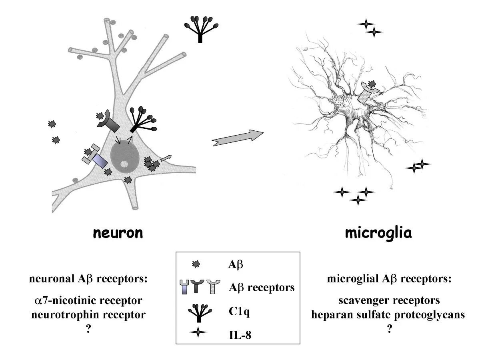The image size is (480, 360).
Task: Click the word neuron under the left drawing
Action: pos(118,233)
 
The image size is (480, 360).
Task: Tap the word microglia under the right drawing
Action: pos(378,233)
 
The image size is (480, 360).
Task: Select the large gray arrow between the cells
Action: pos(238,138)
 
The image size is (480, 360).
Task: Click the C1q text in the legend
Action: pos(238,312)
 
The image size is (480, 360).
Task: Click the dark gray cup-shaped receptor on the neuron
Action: pos(109,122)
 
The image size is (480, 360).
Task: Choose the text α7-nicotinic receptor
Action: pos(87,300)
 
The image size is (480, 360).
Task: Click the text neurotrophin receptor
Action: pos(88,315)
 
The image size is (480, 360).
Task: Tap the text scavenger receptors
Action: pos(388,300)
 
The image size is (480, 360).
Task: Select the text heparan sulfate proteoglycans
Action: pos(388,315)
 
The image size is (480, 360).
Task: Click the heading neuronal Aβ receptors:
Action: pos(88,279)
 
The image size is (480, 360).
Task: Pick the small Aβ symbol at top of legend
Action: pos(196,264)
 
